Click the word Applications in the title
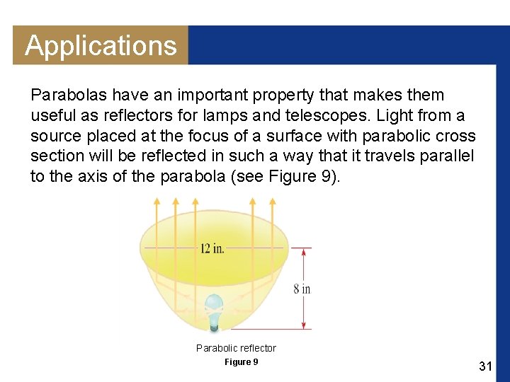click(x=101, y=46)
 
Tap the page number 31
click(x=485, y=366)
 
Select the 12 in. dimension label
click(x=212, y=248)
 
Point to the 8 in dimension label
click(x=302, y=289)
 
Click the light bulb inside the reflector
click(x=214, y=311)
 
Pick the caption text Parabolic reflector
click(x=236, y=348)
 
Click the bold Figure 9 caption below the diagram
click(x=241, y=362)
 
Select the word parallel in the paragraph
click(x=448, y=156)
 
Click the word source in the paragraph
click(x=55, y=136)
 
